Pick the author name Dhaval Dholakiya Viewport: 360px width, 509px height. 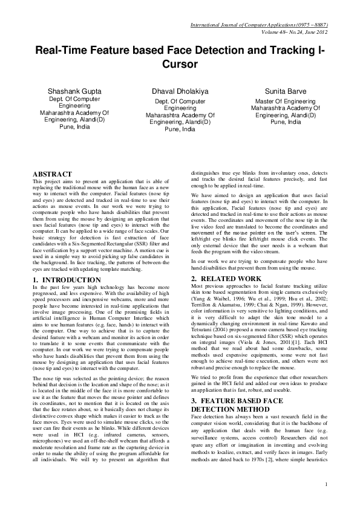(x=180, y=91)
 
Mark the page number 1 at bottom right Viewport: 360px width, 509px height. (x=326, y=484)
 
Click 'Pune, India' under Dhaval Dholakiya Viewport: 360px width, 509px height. (x=180, y=129)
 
